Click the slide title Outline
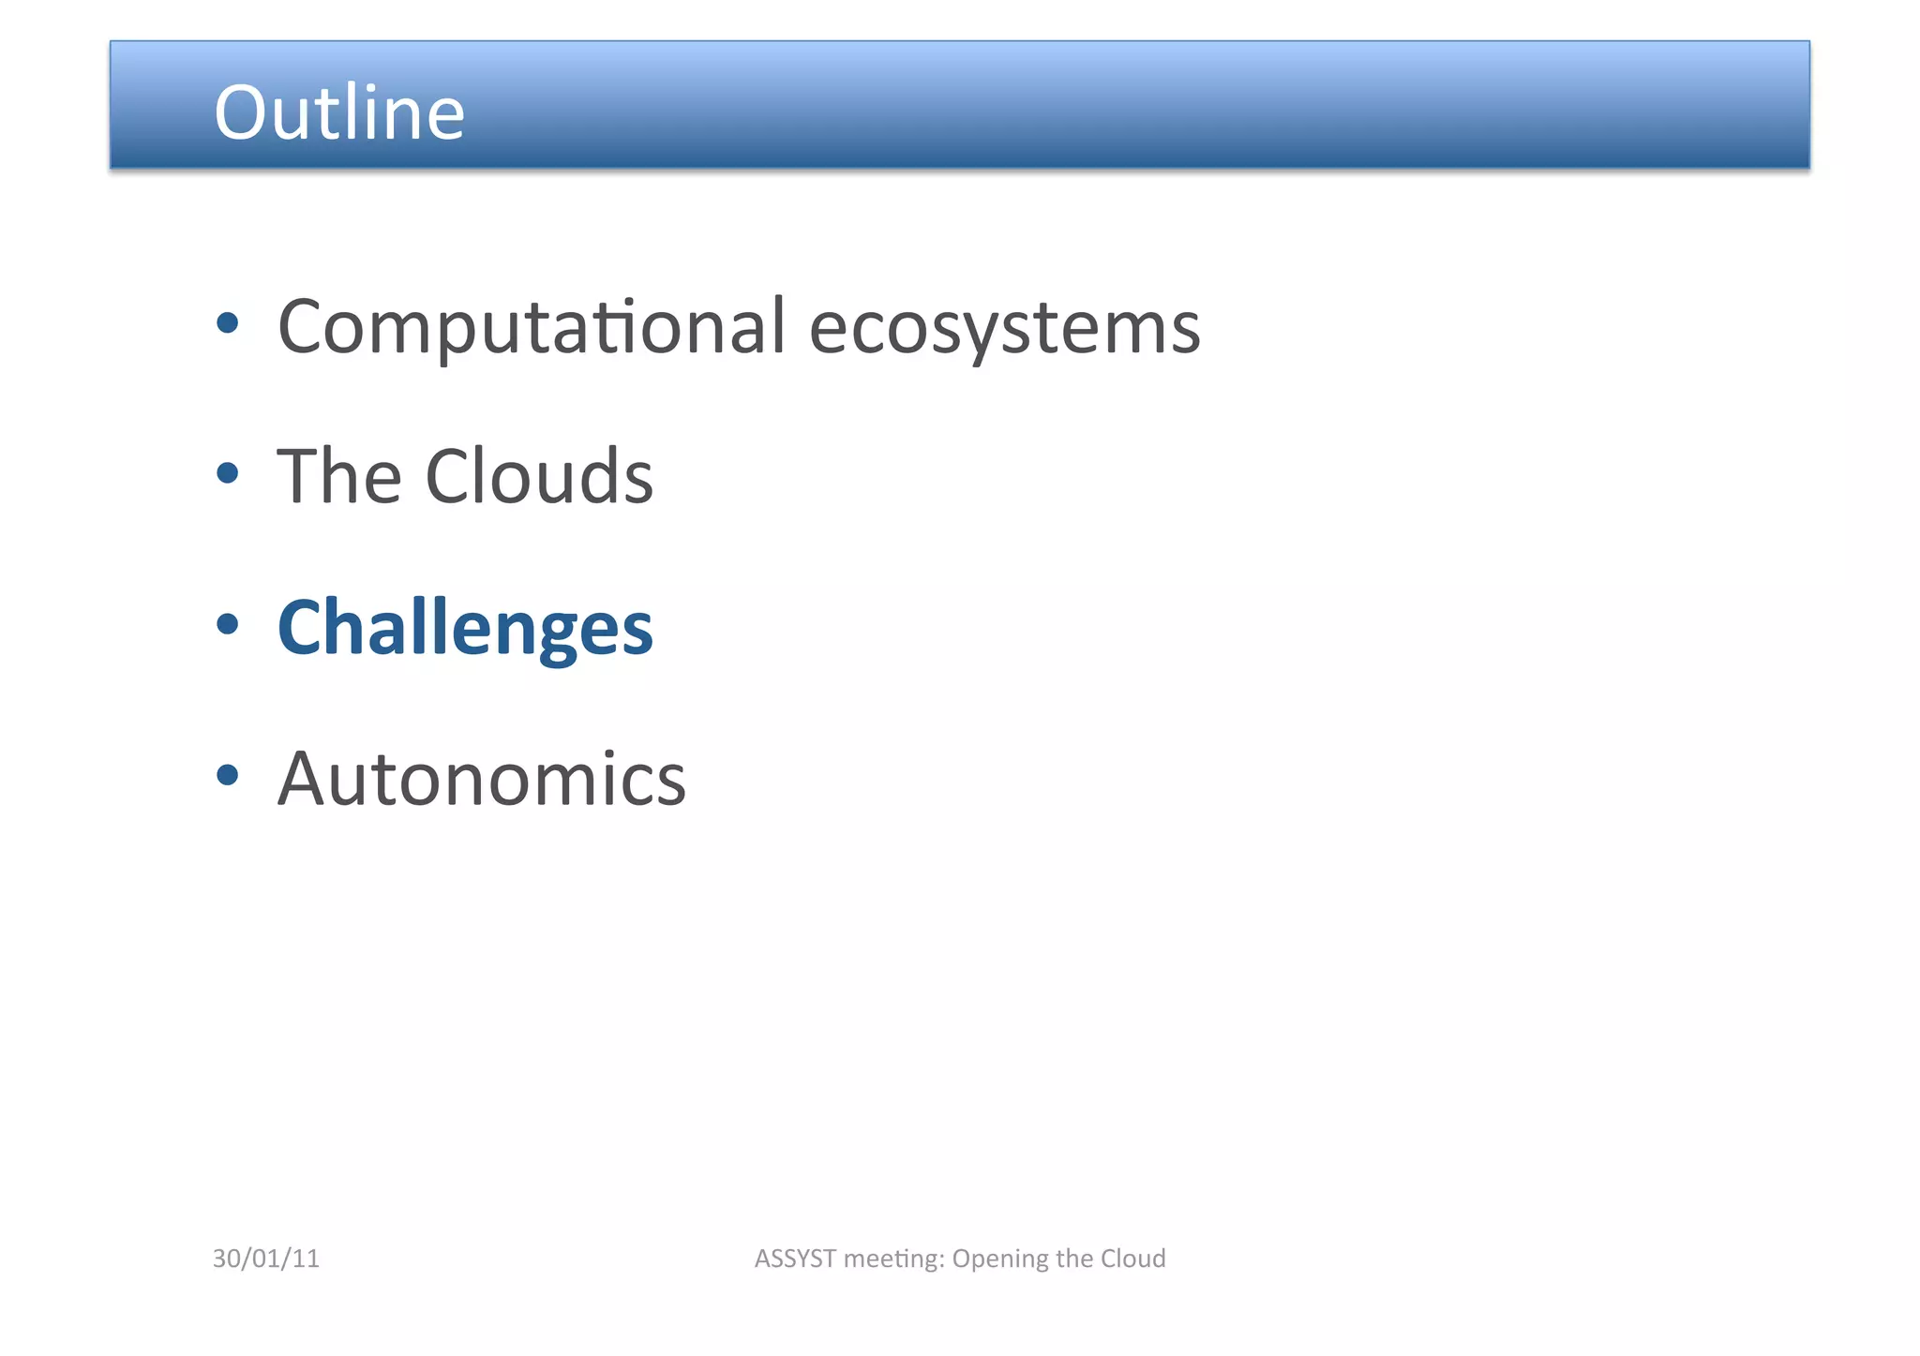(x=339, y=112)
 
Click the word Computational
(x=531, y=328)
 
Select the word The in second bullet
(x=339, y=477)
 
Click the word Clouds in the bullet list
(x=539, y=477)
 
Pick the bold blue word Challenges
(x=465, y=628)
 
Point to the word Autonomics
(x=482, y=779)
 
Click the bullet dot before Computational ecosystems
(x=227, y=324)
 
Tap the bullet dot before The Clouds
(x=227, y=473)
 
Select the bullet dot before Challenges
(x=227, y=624)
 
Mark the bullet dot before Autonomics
(x=227, y=775)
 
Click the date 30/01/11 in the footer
(x=266, y=1259)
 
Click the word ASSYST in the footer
(x=795, y=1259)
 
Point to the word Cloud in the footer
(x=1132, y=1259)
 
